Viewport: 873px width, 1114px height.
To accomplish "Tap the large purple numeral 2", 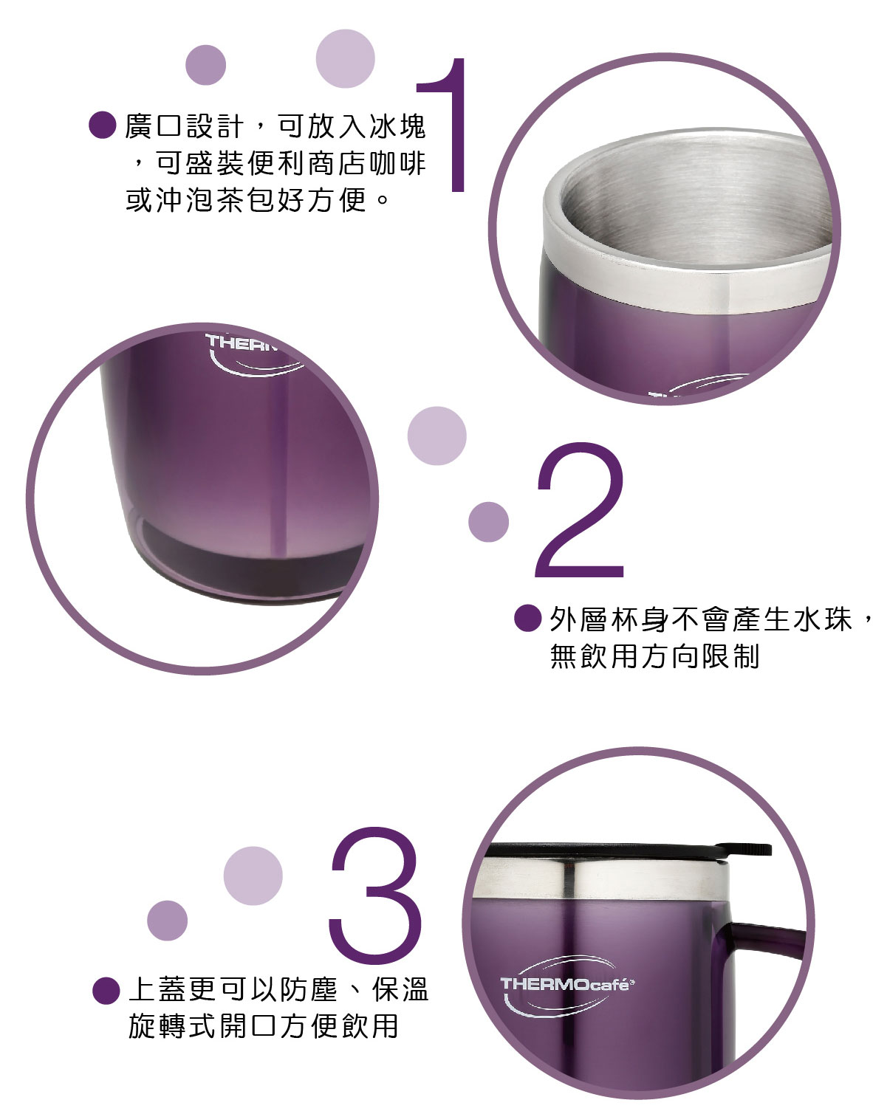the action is point(580,509).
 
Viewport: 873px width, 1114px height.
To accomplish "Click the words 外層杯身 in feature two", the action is point(609,619).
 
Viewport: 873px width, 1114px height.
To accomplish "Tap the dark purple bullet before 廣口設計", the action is point(103,125).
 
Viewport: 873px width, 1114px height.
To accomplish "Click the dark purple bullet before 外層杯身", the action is point(528,618).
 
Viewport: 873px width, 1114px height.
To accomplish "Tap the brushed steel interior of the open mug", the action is point(693,205).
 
